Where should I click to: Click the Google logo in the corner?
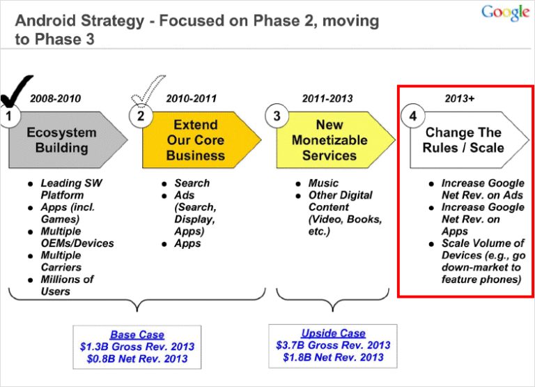(505, 13)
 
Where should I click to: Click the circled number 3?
(277, 116)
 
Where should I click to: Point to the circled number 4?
(412, 116)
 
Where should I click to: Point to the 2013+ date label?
(460, 98)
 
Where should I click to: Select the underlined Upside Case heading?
(333, 333)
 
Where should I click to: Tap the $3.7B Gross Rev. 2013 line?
(333, 345)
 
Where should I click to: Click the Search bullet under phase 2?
(192, 183)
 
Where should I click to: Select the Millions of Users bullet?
(66, 285)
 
